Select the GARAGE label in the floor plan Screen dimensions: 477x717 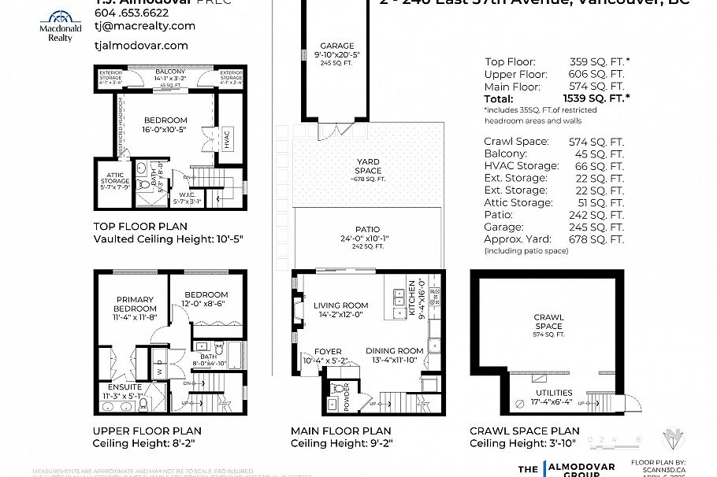click(337, 46)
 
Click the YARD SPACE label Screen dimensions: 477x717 click(367, 166)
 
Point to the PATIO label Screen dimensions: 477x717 click(367, 229)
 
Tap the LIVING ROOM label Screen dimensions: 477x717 click(340, 305)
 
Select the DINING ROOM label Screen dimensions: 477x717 click(395, 350)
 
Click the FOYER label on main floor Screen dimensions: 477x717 click(328, 352)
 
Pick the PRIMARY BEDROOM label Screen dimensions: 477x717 click(136, 304)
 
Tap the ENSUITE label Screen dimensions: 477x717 click(125, 387)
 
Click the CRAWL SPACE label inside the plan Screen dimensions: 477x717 click(548, 321)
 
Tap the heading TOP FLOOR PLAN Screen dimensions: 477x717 click(134, 224)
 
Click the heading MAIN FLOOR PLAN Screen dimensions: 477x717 click(340, 431)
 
